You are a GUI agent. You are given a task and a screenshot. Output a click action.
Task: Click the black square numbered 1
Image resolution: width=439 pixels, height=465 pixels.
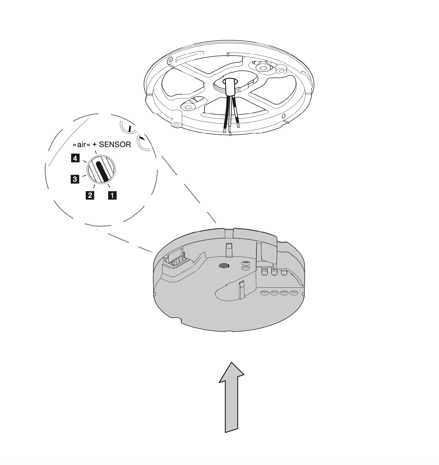112,195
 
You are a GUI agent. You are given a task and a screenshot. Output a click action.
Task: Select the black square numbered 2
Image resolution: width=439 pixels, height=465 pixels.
90,195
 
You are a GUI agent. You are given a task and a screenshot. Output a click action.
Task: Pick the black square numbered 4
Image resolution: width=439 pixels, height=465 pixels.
75,158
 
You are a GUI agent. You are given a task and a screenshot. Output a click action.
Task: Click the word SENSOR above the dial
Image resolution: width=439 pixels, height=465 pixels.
115,145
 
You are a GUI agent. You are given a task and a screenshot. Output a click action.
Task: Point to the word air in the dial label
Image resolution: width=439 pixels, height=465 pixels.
81,145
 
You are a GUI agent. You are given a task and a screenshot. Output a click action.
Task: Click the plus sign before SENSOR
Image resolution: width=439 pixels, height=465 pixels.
95,145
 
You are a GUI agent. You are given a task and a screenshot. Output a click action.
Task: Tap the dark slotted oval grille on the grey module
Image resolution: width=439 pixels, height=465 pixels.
224,265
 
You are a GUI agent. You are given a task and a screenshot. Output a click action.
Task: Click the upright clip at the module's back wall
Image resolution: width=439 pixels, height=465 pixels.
229,249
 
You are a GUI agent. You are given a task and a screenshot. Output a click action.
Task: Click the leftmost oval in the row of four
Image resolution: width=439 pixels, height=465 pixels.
264,293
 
